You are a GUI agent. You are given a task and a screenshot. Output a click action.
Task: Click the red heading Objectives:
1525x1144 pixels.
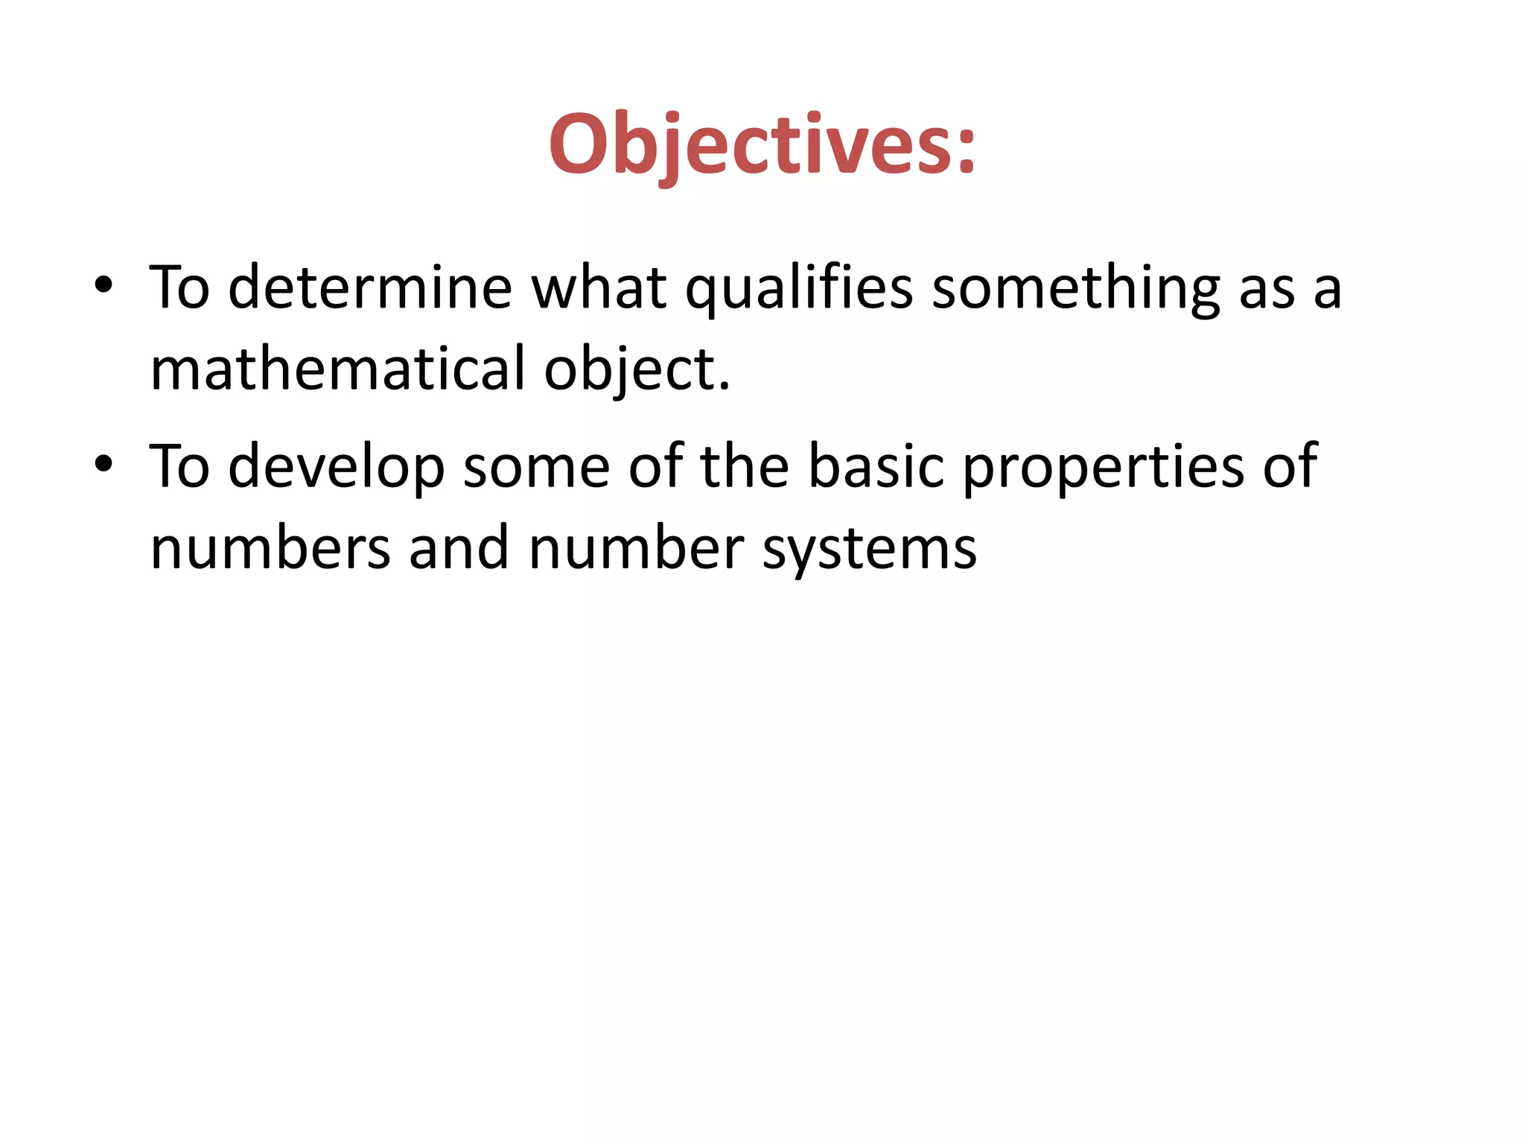click(762, 145)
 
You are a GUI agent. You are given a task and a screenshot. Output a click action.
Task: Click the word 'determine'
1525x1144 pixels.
click(370, 288)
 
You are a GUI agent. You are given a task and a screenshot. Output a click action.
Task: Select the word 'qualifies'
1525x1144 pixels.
click(799, 288)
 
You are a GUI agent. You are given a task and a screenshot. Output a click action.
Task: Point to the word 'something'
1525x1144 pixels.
click(1075, 288)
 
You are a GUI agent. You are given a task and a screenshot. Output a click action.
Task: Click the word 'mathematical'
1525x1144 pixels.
click(338, 370)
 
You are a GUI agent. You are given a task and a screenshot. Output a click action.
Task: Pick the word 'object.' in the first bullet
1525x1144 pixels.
click(637, 370)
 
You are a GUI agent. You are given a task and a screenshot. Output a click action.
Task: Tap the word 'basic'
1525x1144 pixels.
click(876, 467)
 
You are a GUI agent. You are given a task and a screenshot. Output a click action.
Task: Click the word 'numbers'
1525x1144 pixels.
click(270, 549)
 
